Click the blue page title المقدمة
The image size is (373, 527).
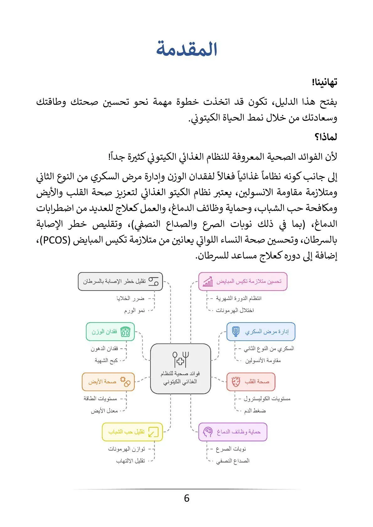tap(187, 49)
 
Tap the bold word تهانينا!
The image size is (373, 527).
tap(324, 82)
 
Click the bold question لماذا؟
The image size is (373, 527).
tap(326, 137)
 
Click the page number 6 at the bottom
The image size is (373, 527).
tap(187, 498)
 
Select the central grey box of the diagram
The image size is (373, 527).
tap(180, 369)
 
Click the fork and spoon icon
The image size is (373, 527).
tap(181, 359)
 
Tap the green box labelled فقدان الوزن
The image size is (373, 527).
tap(110, 332)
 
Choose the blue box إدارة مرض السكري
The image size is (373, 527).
tap(261, 332)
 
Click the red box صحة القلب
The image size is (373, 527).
tap(251, 382)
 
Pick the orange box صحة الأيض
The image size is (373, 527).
tap(108, 382)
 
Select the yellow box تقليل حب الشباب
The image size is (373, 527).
tap(132, 432)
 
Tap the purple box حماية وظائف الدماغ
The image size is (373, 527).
tap(233, 432)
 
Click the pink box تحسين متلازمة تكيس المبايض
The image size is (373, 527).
tap(243, 282)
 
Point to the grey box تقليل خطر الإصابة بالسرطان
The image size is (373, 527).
tap(120, 282)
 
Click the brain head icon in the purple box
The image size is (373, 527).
tap(208, 432)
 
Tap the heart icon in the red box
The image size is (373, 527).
tap(236, 382)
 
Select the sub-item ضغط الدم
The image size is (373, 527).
tap(255, 411)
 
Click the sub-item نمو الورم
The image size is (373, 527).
tap(134, 311)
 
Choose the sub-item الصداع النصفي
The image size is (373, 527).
tap(233, 461)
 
